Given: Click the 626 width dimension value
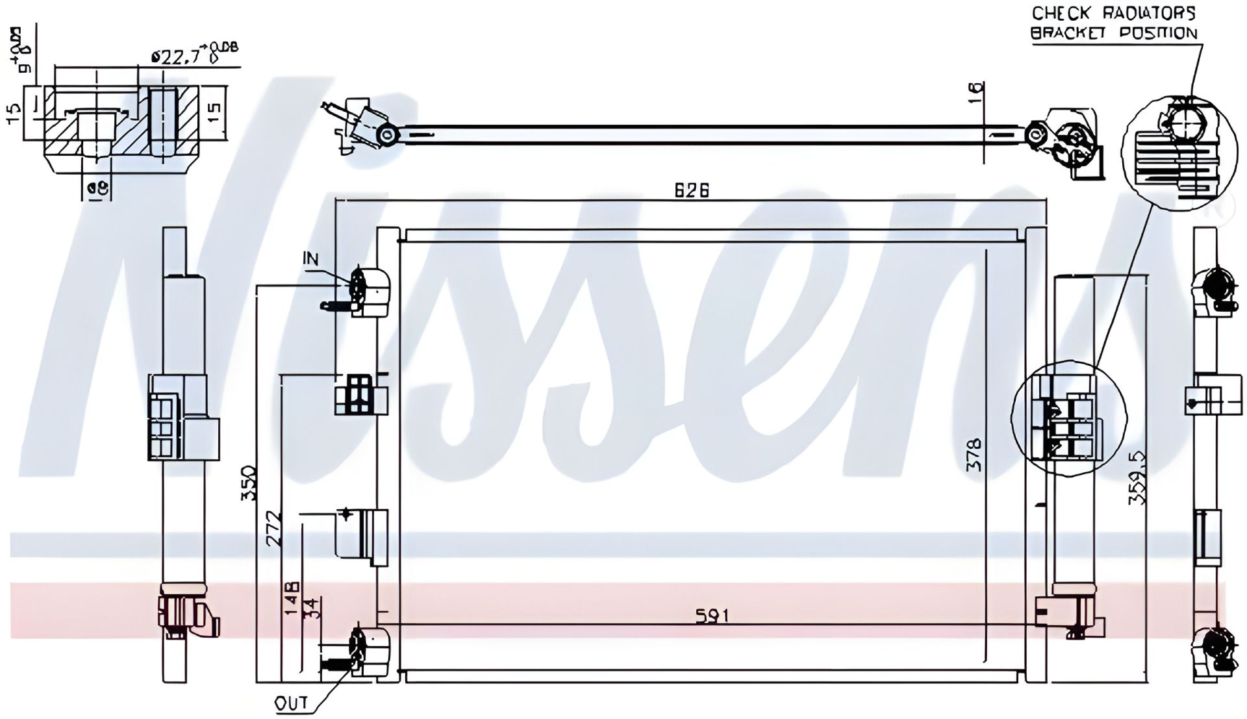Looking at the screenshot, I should [x=692, y=190].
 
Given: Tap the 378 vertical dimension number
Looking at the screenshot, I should [x=974, y=455].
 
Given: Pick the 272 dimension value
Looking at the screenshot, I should [x=275, y=529].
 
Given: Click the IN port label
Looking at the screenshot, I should [x=311, y=259].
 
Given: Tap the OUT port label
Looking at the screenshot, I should [x=291, y=703].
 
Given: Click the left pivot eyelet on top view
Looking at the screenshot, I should [x=388, y=135].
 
